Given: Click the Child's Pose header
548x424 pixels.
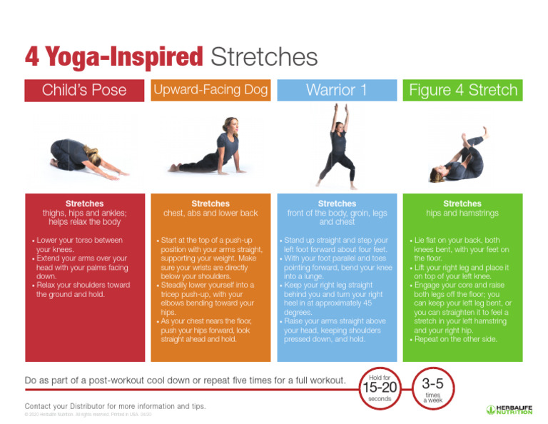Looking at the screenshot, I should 84,91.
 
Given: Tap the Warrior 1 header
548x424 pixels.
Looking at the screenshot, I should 336,91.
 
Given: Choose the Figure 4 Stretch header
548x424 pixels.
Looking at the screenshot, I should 462,91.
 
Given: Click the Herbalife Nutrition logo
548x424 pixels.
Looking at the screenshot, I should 509,410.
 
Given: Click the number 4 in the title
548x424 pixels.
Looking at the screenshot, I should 31,57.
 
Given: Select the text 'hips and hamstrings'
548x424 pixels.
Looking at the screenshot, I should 462,213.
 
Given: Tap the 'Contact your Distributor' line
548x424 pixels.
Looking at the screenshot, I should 115,406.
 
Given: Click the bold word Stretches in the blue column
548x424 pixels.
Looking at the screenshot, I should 336,204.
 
